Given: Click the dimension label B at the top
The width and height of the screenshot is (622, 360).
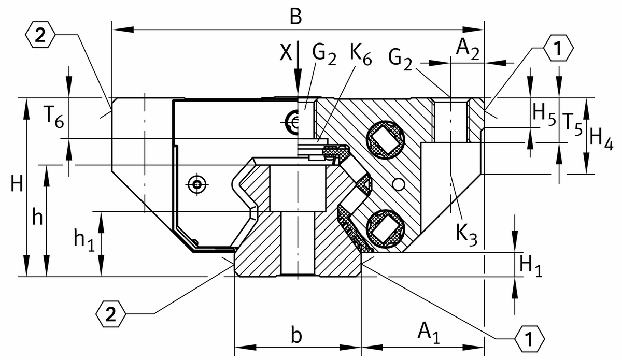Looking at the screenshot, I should tap(295, 17).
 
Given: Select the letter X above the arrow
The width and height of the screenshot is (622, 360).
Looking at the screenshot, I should tap(286, 52).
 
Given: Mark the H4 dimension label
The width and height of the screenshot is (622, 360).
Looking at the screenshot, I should tap(603, 138).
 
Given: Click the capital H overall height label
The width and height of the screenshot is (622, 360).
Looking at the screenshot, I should tap(17, 185).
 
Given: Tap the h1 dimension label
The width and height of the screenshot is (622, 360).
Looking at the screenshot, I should tap(84, 240).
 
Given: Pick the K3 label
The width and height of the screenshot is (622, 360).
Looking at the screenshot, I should tap(466, 234).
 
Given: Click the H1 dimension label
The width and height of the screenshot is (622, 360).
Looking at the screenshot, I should tap(530, 265).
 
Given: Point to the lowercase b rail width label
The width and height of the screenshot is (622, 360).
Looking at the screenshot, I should tap(296, 335).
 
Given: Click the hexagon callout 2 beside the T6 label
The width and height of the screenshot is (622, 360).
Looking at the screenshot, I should tap(40, 34).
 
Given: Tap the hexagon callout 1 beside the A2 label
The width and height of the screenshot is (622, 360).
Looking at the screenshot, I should tap(558, 49).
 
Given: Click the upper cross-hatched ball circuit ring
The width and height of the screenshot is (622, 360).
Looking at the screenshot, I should tap(386, 138).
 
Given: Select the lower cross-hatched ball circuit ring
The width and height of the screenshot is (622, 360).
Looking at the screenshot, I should tap(386, 226).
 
